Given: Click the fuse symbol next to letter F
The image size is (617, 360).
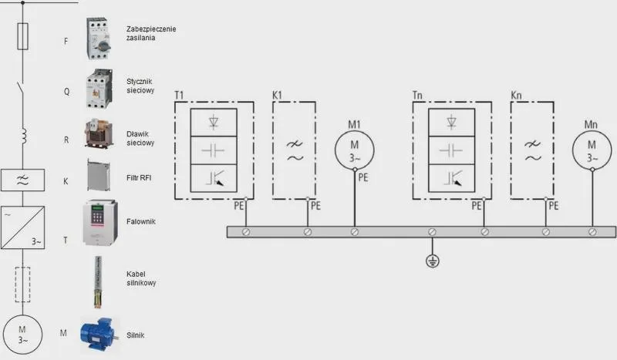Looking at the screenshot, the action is [23, 36].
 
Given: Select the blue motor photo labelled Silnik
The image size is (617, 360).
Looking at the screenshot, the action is [99, 335].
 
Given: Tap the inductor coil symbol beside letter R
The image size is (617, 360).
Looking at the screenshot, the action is [24, 136].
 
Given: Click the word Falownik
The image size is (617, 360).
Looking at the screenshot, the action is [141, 221].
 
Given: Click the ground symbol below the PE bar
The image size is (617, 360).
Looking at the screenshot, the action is [433, 261].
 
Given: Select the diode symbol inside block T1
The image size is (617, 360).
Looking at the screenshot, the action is [214, 122].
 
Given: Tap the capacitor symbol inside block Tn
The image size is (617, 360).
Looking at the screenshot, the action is [451, 150].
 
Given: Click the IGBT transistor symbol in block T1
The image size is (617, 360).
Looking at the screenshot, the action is [214, 178].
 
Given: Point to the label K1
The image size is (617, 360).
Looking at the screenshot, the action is [277, 96].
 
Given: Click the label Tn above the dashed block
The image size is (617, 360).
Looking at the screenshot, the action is [417, 96].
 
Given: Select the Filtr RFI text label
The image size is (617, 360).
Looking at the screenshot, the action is [139, 178].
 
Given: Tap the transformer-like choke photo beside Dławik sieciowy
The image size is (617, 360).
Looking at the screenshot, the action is [99, 134].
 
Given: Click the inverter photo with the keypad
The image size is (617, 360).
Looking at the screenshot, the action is [100, 223].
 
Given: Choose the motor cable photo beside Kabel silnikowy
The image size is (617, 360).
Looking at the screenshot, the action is [98, 281].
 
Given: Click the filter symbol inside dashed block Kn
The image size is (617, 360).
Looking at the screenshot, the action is [532, 151].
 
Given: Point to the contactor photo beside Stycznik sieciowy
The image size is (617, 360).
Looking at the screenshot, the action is [99, 89].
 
